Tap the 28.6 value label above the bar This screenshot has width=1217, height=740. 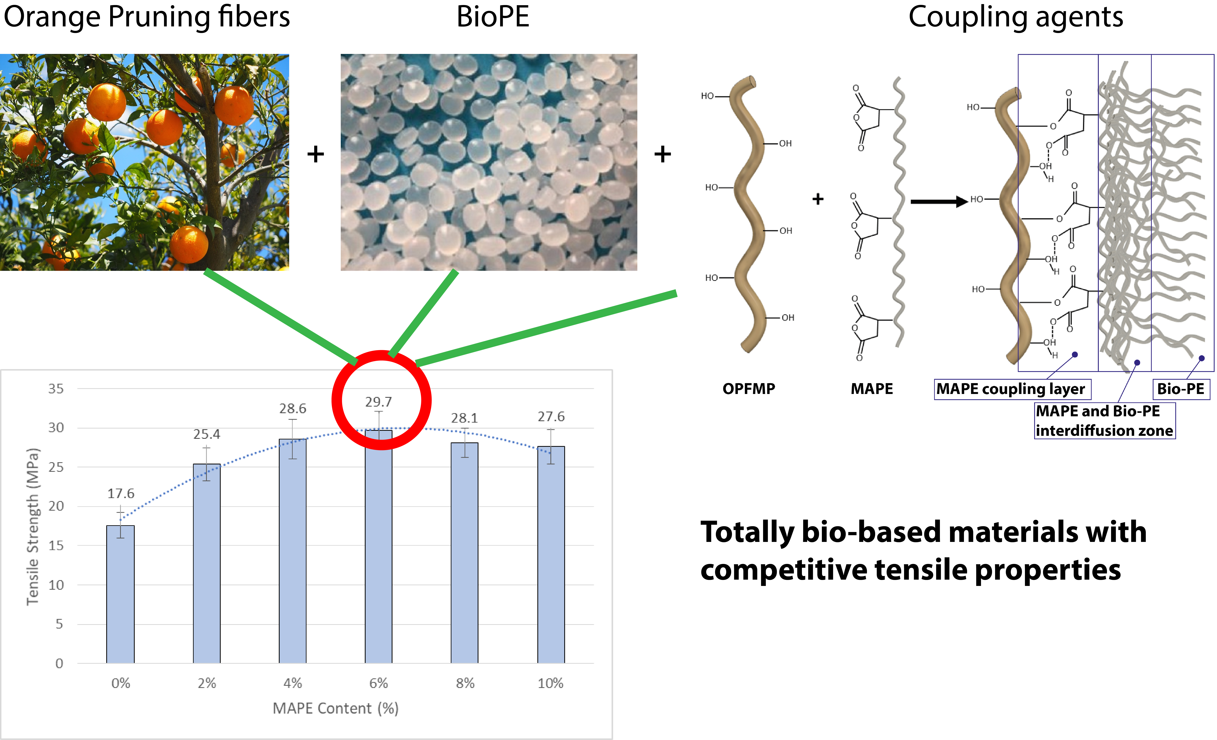click(293, 409)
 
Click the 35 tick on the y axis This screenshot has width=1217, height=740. click(56, 389)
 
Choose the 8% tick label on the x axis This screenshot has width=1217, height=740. click(465, 683)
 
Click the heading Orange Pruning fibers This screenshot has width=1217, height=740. click(147, 17)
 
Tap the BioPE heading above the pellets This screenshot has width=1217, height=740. click(493, 17)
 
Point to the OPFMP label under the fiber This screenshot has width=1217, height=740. click(749, 389)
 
